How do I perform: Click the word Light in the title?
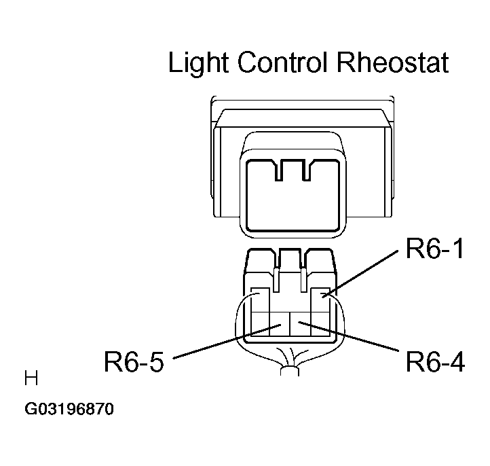click(197, 63)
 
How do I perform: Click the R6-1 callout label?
click(434, 249)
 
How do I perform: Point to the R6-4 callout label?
click(435, 361)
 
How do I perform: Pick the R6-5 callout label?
click(134, 361)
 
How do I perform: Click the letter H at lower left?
click(31, 378)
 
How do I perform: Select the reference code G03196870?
click(69, 409)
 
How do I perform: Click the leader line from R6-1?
click(360, 273)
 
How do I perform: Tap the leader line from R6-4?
click(348, 336)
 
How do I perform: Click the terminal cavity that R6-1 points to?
click(320, 300)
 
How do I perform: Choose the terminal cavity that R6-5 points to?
click(280, 324)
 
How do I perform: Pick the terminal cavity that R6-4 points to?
click(301, 324)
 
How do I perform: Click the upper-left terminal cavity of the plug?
click(261, 300)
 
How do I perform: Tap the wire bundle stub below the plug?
click(290, 371)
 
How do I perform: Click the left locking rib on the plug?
click(276, 280)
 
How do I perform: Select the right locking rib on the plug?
click(303, 280)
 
